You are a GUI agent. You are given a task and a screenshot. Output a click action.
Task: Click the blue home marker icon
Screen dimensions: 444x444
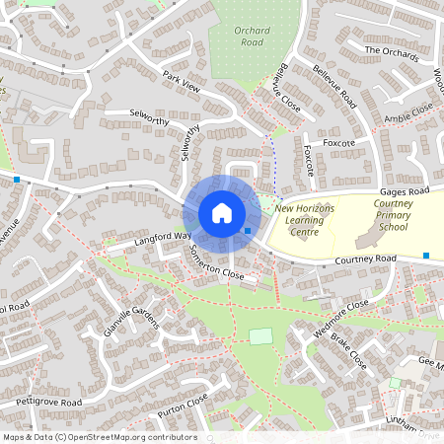point(221,213)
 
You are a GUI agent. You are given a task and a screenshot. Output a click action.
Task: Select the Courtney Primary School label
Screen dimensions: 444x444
point(379,214)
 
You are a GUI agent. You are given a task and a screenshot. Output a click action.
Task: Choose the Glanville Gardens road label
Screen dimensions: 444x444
point(131,320)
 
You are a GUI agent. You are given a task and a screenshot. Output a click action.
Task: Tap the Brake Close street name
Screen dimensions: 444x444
point(349,349)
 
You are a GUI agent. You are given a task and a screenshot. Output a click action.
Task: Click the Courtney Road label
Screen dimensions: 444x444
point(365,259)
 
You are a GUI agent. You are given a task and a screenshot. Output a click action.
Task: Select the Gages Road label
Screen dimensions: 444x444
point(405,189)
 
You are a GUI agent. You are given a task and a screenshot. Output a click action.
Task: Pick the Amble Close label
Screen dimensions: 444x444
point(408,117)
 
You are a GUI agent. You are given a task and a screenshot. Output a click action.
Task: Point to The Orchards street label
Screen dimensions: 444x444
point(391,51)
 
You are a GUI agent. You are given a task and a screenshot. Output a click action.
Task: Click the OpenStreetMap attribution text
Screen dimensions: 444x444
point(100,437)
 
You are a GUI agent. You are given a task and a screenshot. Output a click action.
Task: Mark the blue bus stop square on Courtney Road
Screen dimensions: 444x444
point(426,256)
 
